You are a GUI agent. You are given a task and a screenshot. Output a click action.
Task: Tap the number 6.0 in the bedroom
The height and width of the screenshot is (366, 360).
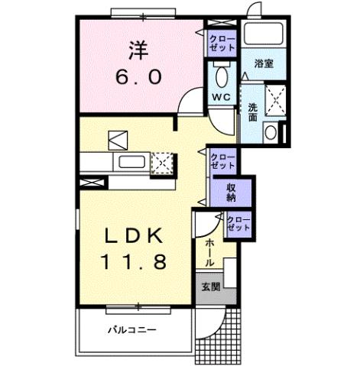(x=138, y=78)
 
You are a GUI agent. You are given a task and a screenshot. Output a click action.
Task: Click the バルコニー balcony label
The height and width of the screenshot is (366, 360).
(x=131, y=331)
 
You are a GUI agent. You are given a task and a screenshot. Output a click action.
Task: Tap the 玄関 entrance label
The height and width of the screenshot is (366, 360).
(x=211, y=288)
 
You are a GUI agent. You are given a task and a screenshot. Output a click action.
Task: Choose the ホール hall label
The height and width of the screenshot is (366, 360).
(x=209, y=251)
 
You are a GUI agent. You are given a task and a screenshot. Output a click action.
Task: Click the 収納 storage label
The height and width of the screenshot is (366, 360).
(x=231, y=192)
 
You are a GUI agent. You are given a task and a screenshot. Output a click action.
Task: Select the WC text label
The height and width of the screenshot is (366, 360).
(x=222, y=97)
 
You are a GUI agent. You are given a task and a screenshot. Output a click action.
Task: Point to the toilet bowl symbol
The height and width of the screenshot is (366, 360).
(x=222, y=76)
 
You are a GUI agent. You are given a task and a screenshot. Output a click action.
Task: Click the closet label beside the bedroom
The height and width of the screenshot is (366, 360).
(x=222, y=42)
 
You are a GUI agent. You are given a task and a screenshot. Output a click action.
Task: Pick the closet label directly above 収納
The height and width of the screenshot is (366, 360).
(x=222, y=160)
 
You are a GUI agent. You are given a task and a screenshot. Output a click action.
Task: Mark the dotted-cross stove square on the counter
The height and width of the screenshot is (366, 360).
(x=163, y=164)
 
